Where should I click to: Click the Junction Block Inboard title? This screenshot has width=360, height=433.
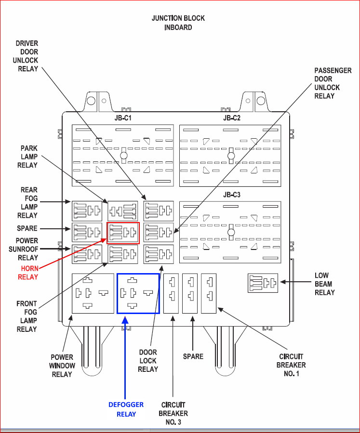point(178,23)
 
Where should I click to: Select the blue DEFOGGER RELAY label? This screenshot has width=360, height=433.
point(126,409)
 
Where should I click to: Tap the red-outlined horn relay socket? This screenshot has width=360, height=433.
point(123,233)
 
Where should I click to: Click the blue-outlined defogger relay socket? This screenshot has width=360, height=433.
point(138,293)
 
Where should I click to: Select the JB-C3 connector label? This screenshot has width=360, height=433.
point(231,195)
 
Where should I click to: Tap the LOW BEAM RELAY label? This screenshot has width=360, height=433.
point(325,284)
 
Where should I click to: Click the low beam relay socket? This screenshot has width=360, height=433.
point(263,283)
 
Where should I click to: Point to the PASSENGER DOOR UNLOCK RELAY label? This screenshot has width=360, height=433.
point(333,83)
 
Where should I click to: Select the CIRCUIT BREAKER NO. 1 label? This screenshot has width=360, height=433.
point(291,365)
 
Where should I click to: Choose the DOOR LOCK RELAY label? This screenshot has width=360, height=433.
point(148,360)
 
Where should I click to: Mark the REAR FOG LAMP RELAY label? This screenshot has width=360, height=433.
point(29,202)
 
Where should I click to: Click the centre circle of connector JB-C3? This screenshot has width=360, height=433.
point(231,232)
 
